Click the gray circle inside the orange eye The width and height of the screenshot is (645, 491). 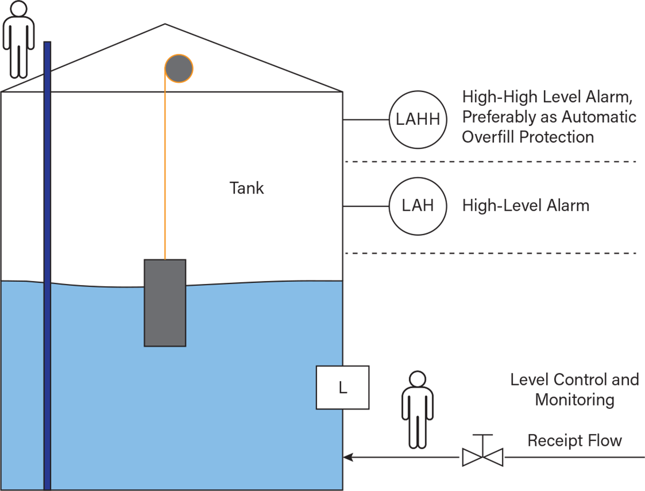178,69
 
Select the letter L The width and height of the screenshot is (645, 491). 342,387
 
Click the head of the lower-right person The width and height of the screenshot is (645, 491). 417,379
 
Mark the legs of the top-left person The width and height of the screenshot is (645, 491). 18,62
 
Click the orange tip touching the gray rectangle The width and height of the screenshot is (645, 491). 165,257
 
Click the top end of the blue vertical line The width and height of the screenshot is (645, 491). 47,44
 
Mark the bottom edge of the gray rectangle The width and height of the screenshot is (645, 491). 165,345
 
